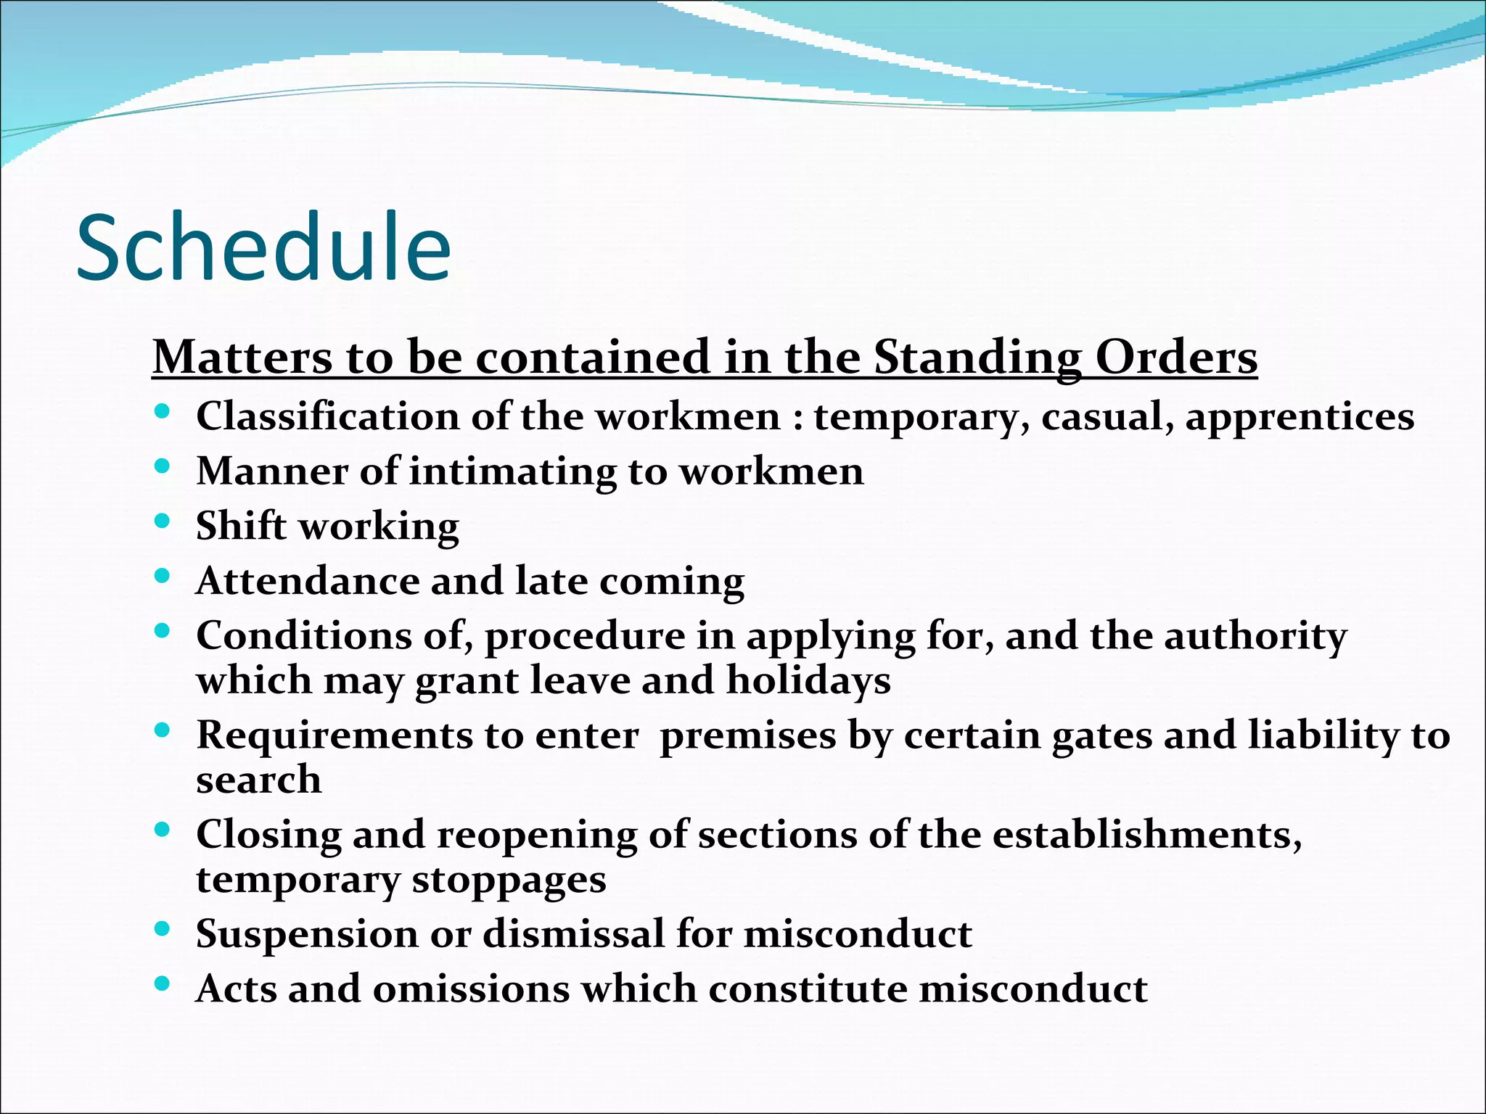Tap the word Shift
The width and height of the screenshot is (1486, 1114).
coord(241,525)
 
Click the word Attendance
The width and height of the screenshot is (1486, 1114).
coord(308,581)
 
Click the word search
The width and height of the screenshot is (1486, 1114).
coord(258,780)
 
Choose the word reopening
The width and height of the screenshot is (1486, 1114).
coord(536,835)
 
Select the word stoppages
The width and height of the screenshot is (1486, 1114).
coord(509,880)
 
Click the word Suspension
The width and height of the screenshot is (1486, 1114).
coord(308,934)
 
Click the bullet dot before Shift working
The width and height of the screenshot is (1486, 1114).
coord(163,521)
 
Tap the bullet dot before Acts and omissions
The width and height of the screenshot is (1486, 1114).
coord(163,984)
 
